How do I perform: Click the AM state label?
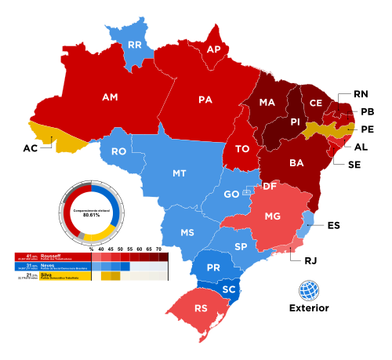[110, 97]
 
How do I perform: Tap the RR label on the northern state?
[134, 45]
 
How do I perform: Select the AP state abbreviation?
[213, 49]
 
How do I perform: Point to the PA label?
[205, 100]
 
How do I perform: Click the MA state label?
[267, 103]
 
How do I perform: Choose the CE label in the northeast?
[315, 103]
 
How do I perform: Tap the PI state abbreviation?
[296, 122]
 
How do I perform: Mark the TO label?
[242, 149]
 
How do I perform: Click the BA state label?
[296, 163]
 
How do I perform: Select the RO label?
[118, 151]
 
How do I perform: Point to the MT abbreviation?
[180, 173]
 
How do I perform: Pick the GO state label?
[231, 194]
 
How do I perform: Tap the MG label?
[273, 216]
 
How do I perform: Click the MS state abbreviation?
[187, 233]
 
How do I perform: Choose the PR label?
[212, 267]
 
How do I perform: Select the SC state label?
[229, 289]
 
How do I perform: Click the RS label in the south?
[201, 307]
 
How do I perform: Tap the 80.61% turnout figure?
[92, 215]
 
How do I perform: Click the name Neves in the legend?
[48, 266]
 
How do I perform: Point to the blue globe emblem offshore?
[309, 290]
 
